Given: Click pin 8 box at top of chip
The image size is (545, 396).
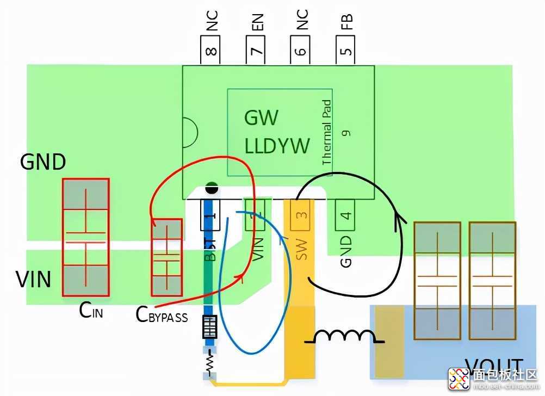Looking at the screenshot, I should point(210,51).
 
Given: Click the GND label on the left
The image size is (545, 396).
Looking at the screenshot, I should point(43,162).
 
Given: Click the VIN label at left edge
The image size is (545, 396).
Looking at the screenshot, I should point(34,280).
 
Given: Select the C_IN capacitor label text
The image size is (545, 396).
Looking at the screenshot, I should point(91,312).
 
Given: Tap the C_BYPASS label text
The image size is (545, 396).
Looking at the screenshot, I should point(162,315).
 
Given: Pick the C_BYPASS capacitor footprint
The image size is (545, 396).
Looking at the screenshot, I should point(166,255).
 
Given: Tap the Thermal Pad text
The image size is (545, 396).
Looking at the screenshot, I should point(327,133).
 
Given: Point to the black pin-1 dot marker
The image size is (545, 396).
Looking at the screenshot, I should point(211,189).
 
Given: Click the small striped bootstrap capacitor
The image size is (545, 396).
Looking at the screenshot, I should point(210,326).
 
